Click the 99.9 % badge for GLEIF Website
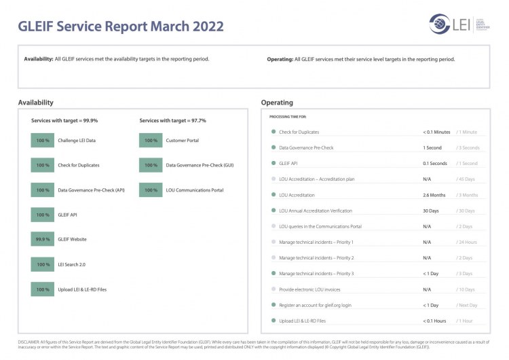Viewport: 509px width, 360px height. pyautogui.click(x=43, y=240)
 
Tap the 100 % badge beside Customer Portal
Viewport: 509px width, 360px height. pyautogui.click(x=151, y=141)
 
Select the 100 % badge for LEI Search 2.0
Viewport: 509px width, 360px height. pyautogui.click(x=43, y=264)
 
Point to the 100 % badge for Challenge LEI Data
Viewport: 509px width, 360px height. pyautogui.click(x=43, y=141)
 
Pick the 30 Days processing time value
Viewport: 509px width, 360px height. pyautogui.click(x=431, y=211)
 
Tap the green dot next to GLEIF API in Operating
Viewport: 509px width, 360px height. pyautogui.click(x=273, y=164)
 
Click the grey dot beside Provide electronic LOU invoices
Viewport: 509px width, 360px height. pyautogui.click(x=273, y=289)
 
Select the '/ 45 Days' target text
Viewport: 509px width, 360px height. pyautogui.click(x=467, y=179)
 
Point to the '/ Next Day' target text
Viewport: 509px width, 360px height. pyautogui.click(x=468, y=305)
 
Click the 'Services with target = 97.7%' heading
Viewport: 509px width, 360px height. pyautogui.click(x=172, y=120)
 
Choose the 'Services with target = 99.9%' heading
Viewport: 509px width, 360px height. pyautogui.click(x=64, y=120)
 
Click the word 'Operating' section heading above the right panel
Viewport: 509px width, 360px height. pyautogui.click(x=277, y=103)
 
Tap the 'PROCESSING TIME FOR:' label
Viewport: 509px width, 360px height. pyautogui.click(x=288, y=118)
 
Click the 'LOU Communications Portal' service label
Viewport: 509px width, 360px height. pyautogui.click(x=194, y=190)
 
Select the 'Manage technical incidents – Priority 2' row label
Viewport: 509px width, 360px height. pyautogui.click(x=316, y=258)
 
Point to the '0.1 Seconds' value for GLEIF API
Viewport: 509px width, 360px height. pyautogui.click(x=435, y=164)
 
